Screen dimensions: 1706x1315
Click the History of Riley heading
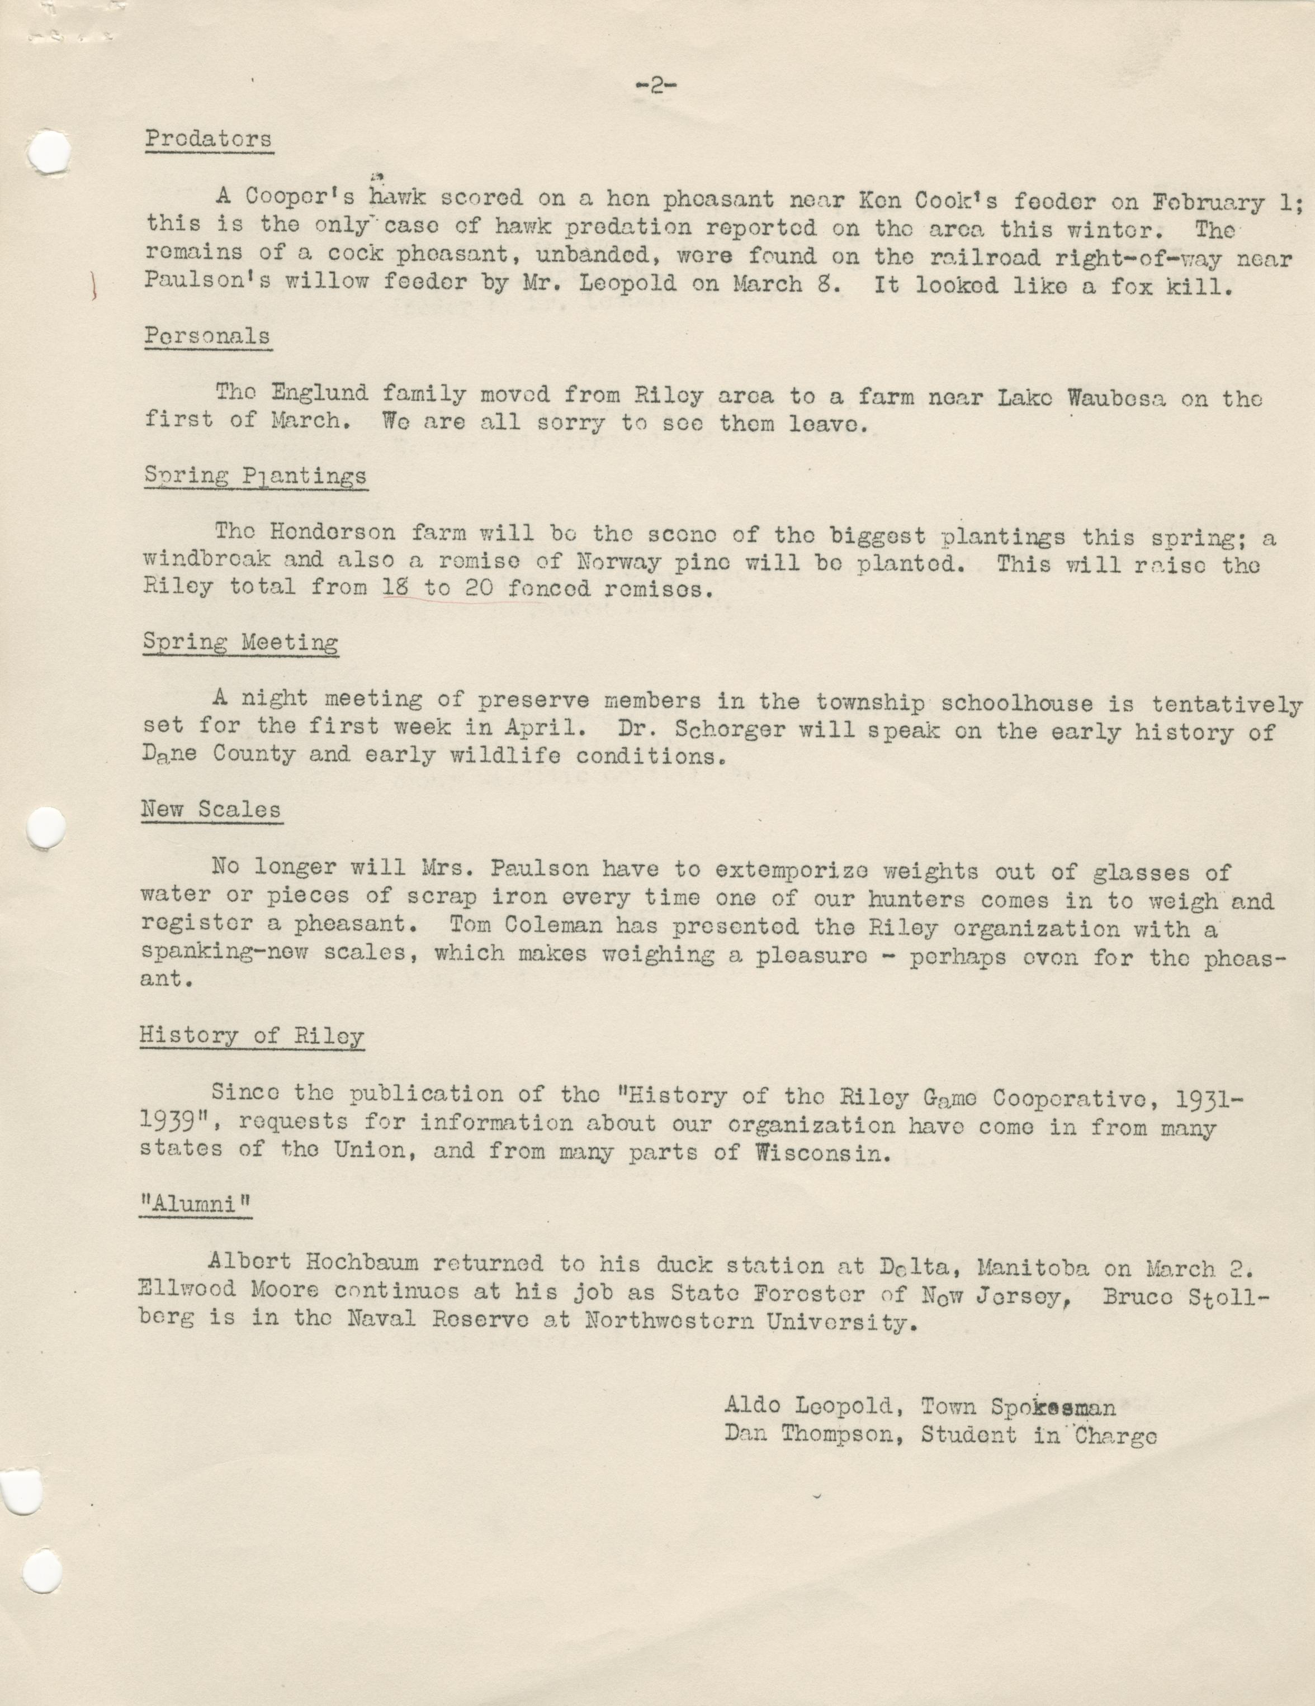(252, 1036)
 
